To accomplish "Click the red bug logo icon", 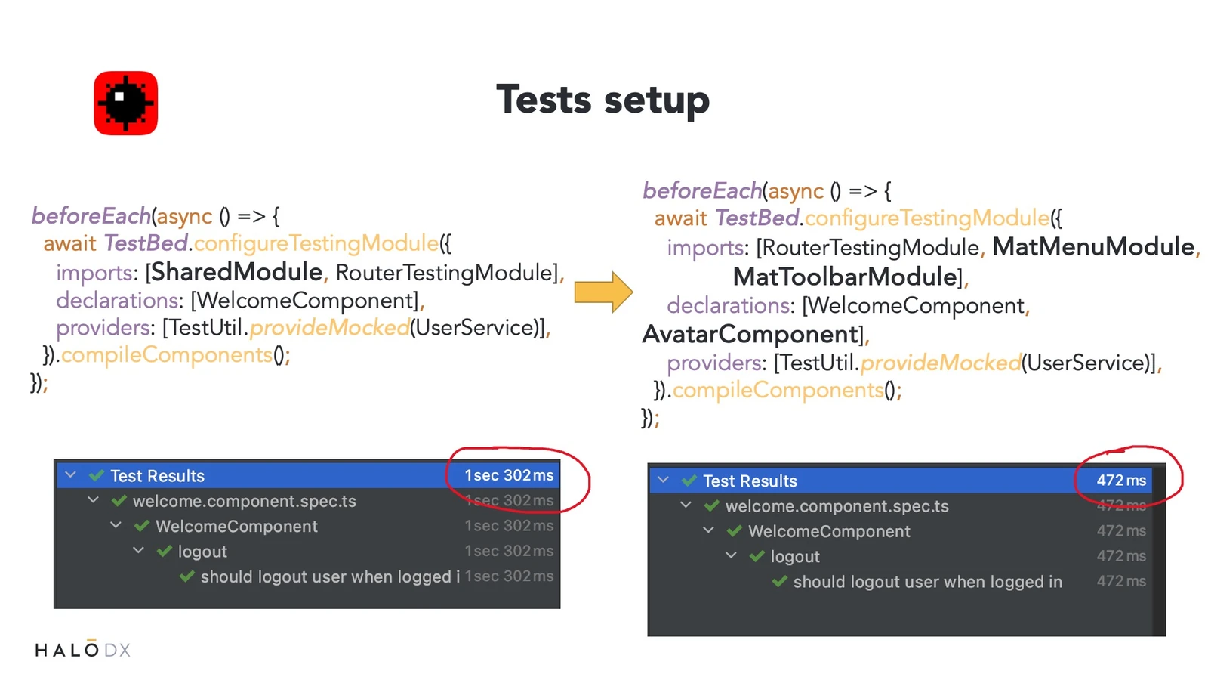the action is [125, 103].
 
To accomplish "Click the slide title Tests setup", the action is [603, 100].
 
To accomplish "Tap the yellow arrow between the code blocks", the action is [603, 292].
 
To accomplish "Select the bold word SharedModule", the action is [237, 271].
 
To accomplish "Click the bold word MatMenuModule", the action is [1093, 246].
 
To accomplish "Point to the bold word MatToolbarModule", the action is [845, 277].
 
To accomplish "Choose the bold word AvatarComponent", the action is [750, 335].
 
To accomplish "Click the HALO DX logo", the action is [82, 649].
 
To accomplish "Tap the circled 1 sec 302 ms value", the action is [509, 475].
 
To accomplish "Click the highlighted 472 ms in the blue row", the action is [1121, 481].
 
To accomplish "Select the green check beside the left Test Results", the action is [97, 475].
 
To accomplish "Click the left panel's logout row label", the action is [202, 552].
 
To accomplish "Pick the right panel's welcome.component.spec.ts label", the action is [837, 506].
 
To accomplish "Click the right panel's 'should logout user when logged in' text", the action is [928, 582].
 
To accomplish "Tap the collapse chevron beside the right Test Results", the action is [664, 480].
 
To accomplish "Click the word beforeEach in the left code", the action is [91, 216].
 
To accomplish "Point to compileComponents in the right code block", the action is [778, 390].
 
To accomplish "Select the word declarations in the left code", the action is [117, 300].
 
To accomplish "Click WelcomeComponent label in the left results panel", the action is [237, 526].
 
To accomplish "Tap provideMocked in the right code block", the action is [941, 363].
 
